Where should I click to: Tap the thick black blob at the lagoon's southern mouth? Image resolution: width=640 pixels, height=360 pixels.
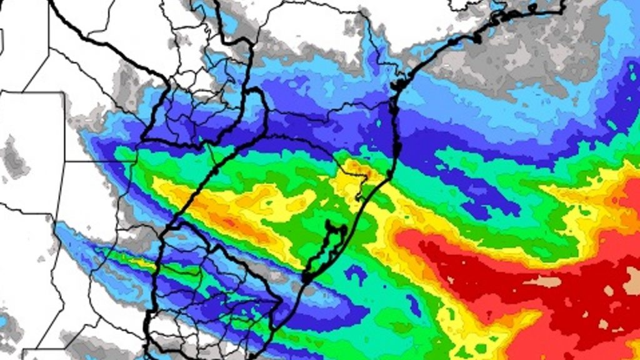(x=307, y=275)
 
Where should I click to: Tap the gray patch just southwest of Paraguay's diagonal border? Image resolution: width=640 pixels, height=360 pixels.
(x=125, y=81)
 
